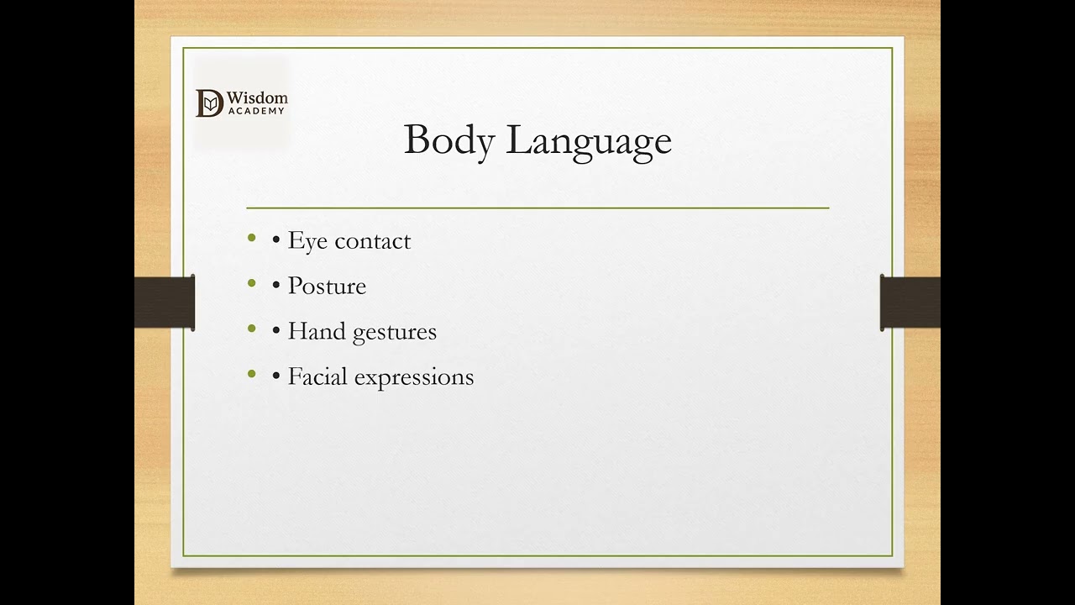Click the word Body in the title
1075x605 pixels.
[x=448, y=140]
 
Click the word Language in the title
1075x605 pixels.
[x=589, y=141]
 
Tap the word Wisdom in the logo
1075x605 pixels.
[x=257, y=98]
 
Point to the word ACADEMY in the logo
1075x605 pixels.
[x=256, y=111]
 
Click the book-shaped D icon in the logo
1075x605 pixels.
[x=210, y=103]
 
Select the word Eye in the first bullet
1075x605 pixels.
[x=307, y=241]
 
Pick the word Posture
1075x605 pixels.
[x=327, y=287]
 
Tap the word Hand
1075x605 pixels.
[x=317, y=331]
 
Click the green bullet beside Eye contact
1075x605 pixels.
[x=252, y=239]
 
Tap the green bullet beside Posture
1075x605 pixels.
[x=252, y=284]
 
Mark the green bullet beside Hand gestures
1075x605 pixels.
[x=252, y=329]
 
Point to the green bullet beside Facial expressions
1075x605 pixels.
[x=252, y=375]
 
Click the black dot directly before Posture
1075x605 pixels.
[x=276, y=287]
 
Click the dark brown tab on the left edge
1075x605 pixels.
[x=165, y=302]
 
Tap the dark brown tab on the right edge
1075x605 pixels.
[x=910, y=302]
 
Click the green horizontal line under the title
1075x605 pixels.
[x=537, y=207]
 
